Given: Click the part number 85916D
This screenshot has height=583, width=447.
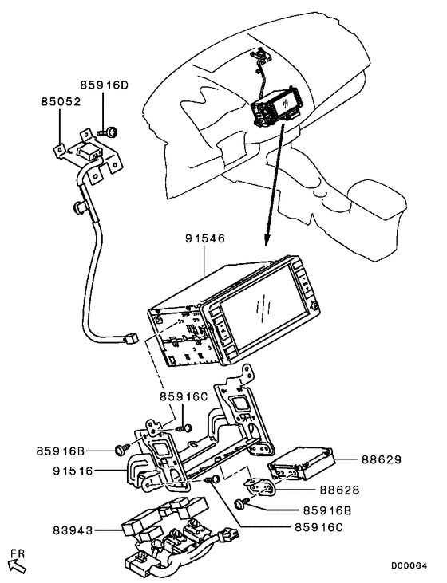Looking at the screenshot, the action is pos(104,85).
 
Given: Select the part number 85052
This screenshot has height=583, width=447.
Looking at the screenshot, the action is pos(61,102).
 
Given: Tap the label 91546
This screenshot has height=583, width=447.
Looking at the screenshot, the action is pos(205,238).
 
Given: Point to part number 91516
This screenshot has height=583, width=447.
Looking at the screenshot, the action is pos(73,471).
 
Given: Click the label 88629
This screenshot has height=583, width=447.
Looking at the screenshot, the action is pos(382,460).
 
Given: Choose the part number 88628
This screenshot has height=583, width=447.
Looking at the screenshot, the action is pos(339,490).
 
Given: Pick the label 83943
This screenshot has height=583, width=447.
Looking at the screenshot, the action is pos(73,530).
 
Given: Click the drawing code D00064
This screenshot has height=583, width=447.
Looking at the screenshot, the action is pos(409,566).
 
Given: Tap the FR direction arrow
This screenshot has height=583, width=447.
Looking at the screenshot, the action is pos(17,566).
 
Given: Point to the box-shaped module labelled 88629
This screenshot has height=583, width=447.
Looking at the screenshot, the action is pos(303,463).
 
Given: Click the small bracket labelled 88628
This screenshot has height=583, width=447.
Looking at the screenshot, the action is pos(260,488).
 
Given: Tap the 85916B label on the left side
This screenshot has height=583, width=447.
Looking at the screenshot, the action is pos(61,451).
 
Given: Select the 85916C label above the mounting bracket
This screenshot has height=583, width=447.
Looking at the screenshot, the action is pos(184,396).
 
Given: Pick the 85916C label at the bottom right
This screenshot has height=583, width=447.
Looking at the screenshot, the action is pos(318,527).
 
